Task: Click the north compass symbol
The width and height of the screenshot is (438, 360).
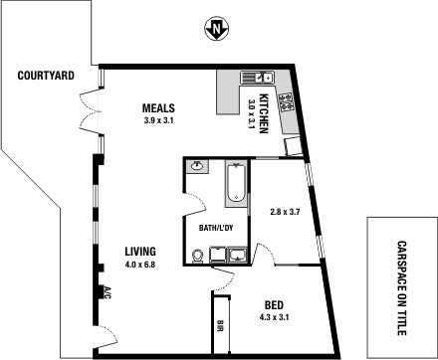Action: (x=214, y=29)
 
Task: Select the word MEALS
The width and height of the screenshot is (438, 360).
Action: (x=159, y=108)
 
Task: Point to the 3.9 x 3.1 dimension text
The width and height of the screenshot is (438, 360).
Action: (x=159, y=120)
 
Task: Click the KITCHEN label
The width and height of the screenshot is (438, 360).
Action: (x=264, y=112)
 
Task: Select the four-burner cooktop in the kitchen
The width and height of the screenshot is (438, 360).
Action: (x=287, y=100)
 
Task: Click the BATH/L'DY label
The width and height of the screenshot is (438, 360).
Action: (x=215, y=228)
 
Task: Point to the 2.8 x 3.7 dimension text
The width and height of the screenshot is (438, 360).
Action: (x=286, y=211)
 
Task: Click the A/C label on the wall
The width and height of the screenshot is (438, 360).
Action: (x=107, y=292)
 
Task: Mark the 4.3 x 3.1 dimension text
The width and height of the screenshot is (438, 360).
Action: (x=276, y=317)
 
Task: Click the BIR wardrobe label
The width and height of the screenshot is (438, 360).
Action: (x=220, y=325)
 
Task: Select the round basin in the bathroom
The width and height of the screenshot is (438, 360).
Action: (x=197, y=166)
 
